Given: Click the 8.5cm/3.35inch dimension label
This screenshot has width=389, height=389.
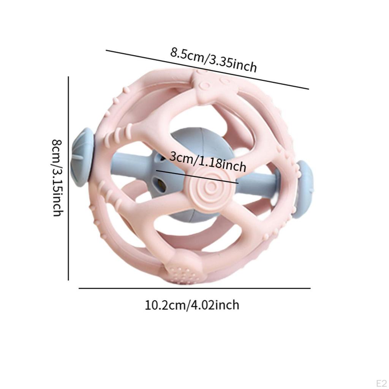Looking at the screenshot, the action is tap(213, 60).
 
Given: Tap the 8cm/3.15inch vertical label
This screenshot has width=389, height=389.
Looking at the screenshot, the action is tap(58, 178).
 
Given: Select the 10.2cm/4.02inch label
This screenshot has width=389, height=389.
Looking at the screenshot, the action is tap(192, 305).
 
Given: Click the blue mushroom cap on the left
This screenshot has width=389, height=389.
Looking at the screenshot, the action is tap(82, 157).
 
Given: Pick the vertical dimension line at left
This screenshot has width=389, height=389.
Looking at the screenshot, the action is tap(68, 179).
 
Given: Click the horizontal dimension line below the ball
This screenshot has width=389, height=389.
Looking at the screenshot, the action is tap(194, 288).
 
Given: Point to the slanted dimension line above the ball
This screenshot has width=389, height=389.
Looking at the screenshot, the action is tap(207, 70).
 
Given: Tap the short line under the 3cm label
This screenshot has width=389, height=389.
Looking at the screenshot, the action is tap(197, 177).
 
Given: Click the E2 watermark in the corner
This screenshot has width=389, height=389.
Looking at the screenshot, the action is tap(381, 383).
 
